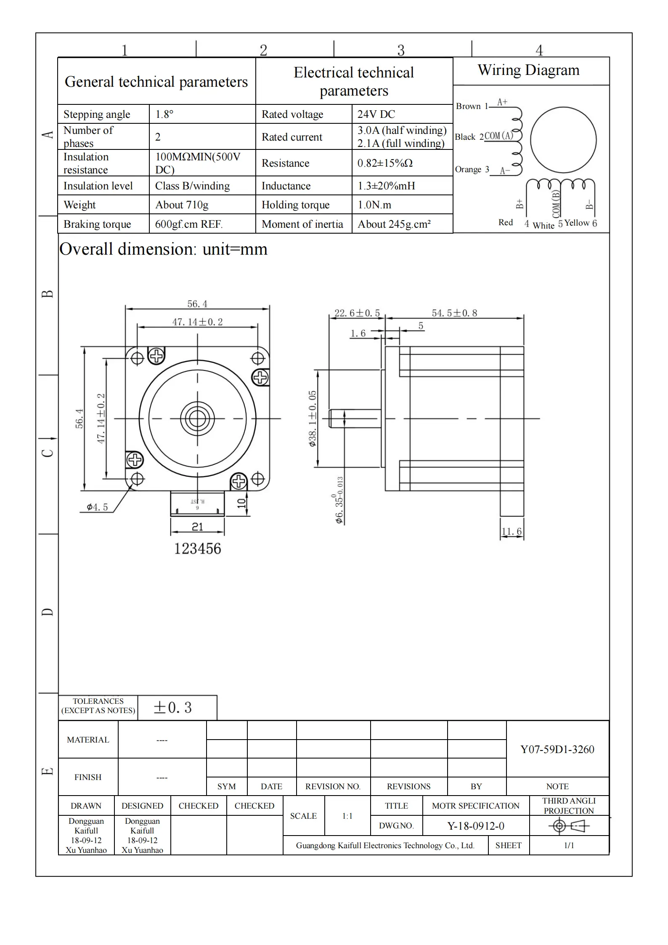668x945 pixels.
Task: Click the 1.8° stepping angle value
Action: pos(164,114)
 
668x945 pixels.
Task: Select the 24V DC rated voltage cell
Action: pos(376,114)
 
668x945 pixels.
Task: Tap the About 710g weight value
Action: pos(182,205)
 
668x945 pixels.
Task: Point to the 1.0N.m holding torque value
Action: pos(374,205)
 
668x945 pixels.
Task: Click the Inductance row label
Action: pos(286,186)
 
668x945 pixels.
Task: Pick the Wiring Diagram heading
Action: pos(528,70)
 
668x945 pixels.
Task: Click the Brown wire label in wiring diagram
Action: pos(468,106)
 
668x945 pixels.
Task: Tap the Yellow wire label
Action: pos(577,223)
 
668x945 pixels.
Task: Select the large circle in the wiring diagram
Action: pos(563,140)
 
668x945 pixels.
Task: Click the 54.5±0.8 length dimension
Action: pos(454,313)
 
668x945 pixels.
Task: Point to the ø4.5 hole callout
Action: pos(97,507)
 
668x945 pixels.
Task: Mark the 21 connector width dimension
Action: pos(197,527)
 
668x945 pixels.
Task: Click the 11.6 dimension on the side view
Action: pos(512,532)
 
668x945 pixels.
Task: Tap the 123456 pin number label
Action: pos(197,549)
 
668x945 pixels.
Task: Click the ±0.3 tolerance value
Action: pos(172,708)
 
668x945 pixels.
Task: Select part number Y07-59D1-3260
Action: pos(557,749)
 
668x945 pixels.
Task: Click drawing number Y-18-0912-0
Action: pos(475,826)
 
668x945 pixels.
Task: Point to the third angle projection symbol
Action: pos(569,826)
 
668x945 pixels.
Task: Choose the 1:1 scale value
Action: pos(347,816)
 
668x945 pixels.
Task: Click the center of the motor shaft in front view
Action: pos(197,419)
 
